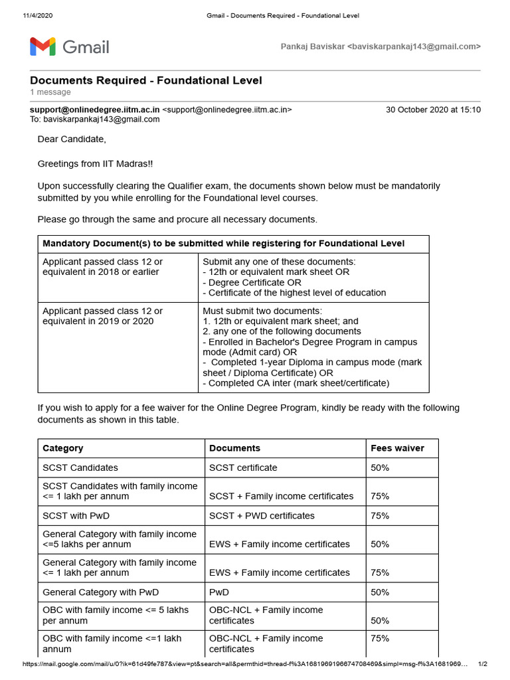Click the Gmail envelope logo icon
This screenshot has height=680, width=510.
coord(42,46)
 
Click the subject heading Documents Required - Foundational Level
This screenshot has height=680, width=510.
coord(145,80)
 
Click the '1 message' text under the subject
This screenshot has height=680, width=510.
coord(50,92)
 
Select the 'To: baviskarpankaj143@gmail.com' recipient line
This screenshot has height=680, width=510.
coord(95,120)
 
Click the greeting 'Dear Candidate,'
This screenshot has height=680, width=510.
coord(72,139)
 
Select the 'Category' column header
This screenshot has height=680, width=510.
coord(63,448)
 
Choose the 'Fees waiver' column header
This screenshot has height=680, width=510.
coord(397,448)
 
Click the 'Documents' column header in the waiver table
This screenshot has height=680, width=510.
coord(234,448)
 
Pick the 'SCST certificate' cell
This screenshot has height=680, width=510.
coord(243,467)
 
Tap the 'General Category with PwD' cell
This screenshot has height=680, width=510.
coord(101,592)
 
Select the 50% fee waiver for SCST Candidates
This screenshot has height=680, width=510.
coord(380,467)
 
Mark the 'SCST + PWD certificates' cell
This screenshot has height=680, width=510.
coord(262,515)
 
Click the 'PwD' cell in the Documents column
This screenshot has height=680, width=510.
coord(219,592)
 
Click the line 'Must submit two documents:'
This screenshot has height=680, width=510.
coord(262,311)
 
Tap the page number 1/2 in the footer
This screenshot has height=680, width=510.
coord(483,664)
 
